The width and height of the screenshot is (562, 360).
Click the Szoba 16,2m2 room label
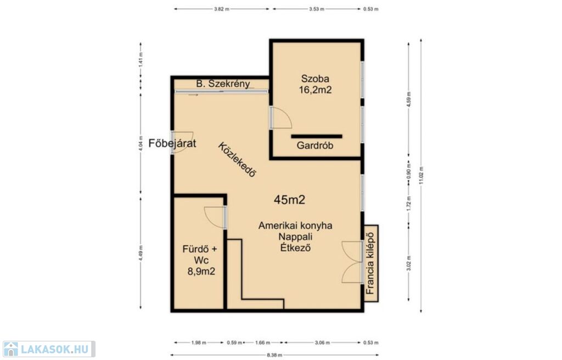pos(315,85)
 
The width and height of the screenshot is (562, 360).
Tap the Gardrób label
pos(315,145)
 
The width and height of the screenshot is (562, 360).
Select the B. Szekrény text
pos(223,84)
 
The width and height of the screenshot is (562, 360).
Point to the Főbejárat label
pos(172,143)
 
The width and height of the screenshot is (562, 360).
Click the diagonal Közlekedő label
pos(238,160)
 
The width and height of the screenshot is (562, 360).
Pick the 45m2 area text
pos(289,200)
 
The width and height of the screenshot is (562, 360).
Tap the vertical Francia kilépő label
pos(370,263)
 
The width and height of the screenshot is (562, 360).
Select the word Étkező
pos(295,248)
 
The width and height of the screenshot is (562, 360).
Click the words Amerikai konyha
pos(295,226)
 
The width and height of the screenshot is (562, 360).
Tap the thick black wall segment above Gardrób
pos(317,136)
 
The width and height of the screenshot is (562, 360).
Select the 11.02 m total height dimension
pos(421,176)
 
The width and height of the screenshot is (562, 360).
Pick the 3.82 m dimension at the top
pos(222,9)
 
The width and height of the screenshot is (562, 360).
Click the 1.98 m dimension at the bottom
pos(199,343)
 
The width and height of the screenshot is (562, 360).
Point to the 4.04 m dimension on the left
pos(140,143)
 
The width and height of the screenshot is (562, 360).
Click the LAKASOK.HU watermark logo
pos(49,349)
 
